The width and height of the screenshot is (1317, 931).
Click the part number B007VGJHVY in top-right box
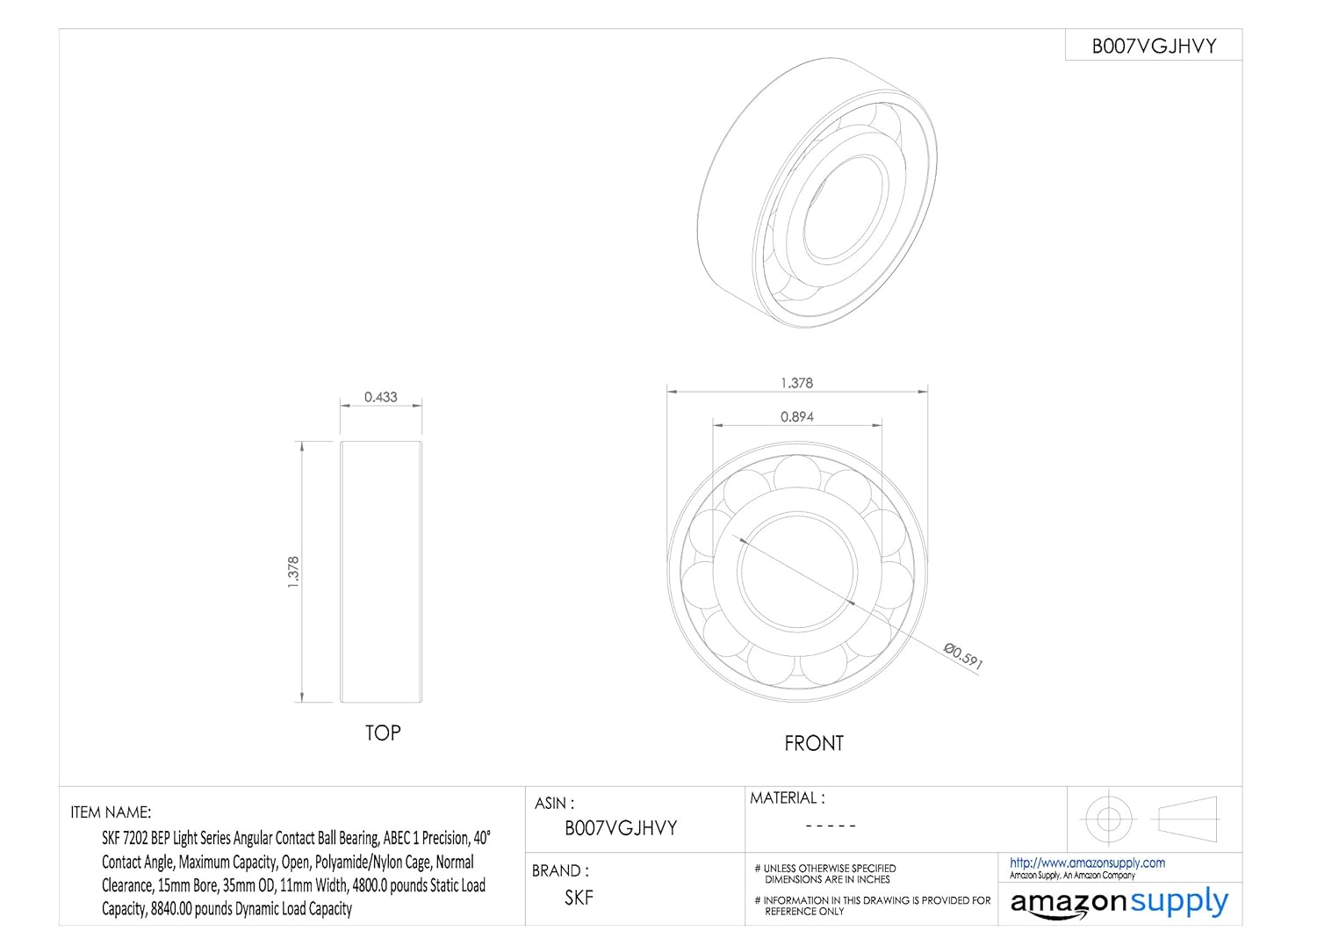pos(1154,47)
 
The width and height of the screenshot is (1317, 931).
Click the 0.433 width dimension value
pos(381,397)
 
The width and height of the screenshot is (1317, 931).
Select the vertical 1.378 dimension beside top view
pos(294,572)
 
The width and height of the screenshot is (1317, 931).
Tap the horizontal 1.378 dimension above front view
pos(796,383)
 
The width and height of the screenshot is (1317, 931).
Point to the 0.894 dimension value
pos(796,417)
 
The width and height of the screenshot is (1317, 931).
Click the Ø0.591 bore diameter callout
pos(963,655)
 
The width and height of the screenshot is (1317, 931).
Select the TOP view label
pos(383,733)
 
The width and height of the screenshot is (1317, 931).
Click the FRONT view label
pos(813,743)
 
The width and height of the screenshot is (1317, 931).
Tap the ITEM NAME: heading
pos(111,812)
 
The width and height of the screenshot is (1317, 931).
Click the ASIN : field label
pos(554,803)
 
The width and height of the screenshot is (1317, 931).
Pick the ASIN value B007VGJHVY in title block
pos(621,827)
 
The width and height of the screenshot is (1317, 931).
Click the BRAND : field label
pos(560,870)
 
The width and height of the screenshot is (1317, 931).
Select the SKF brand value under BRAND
pos(579,897)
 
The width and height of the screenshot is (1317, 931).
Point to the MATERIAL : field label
pos(787,797)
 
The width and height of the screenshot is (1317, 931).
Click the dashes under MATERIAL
pos(830,826)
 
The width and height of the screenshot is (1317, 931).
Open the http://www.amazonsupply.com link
pos(1087,862)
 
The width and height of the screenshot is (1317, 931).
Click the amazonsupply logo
pos(1119,903)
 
